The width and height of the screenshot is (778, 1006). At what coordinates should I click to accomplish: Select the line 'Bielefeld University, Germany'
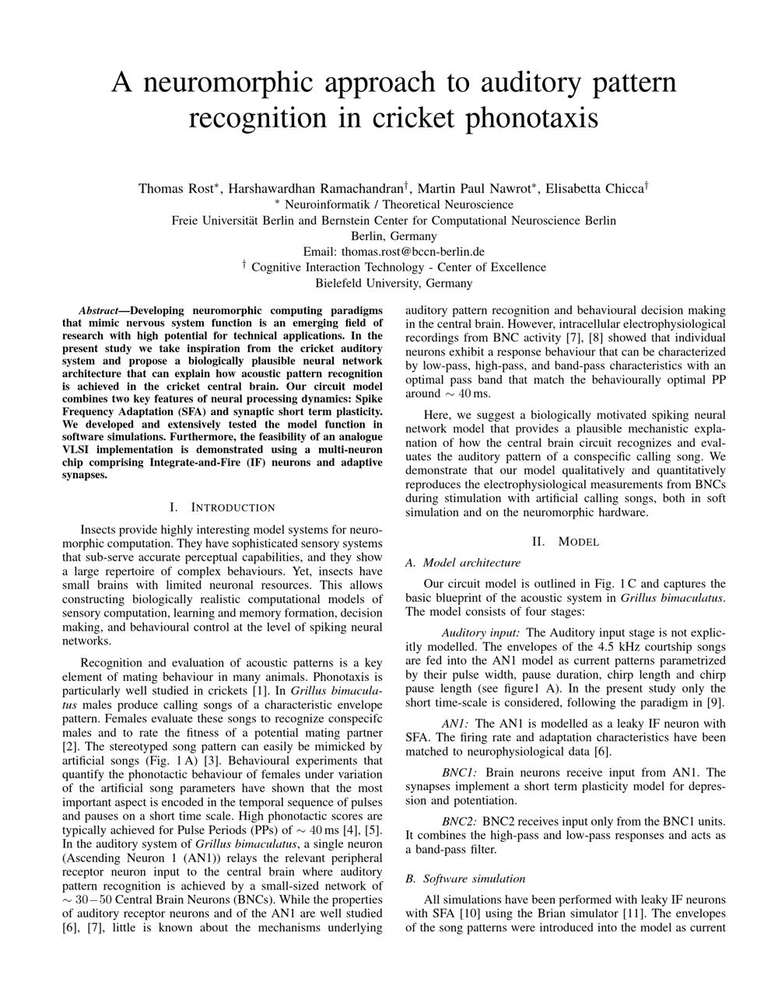coord(394,283)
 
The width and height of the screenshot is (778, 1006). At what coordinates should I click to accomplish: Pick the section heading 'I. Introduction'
coord(222,508)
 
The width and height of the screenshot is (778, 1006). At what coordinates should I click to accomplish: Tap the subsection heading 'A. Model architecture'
coord(463,563)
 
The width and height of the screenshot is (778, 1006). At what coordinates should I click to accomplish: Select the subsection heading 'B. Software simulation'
coord(465,879)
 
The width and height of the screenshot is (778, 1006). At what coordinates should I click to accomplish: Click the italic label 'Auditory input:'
coord(481,633)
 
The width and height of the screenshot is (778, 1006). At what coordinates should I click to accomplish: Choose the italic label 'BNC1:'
coord(460,773)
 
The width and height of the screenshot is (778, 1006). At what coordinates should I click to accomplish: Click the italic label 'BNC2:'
coord(460,822)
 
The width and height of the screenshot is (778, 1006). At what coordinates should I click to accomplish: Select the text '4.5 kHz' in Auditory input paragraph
coord(619,647)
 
